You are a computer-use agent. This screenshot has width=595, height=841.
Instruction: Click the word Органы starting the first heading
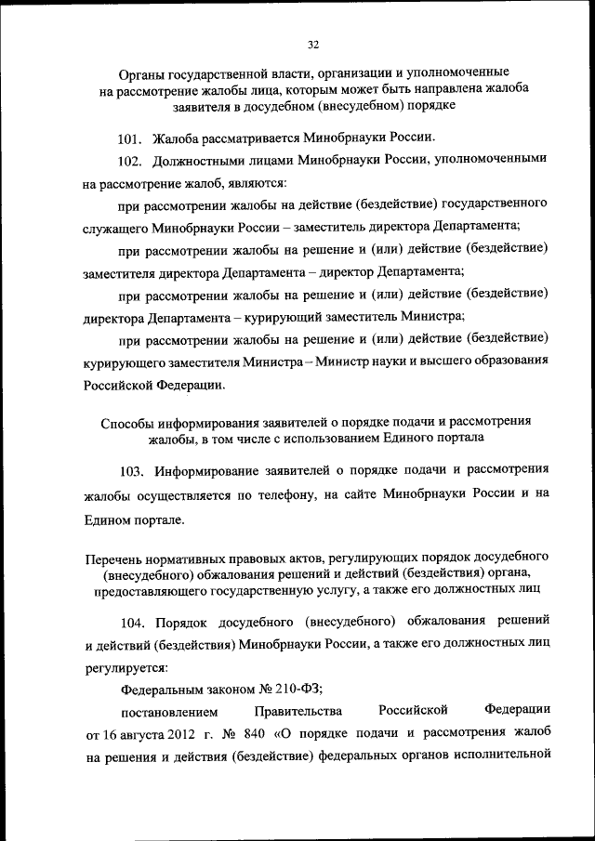point(142,72)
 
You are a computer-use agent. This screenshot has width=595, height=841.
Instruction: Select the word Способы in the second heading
point(128,421)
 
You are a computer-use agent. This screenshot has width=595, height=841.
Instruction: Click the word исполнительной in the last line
point(508,757)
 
